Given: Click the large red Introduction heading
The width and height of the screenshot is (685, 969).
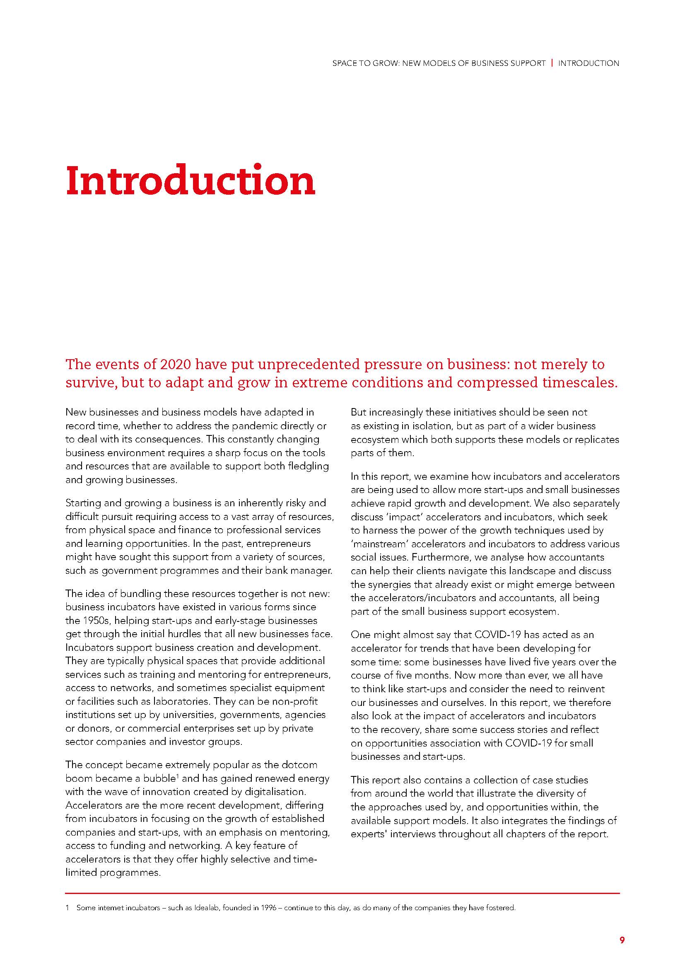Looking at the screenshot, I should click(x=191, y=181).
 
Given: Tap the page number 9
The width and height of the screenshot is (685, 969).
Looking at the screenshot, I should click(x=622, y=940).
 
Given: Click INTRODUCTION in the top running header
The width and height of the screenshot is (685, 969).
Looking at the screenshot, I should click(x=589, y=63).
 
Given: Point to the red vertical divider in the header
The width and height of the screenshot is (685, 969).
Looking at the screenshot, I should click(x=552, y=63).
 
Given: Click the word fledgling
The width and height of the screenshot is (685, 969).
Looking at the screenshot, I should click(x=306, y=466).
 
